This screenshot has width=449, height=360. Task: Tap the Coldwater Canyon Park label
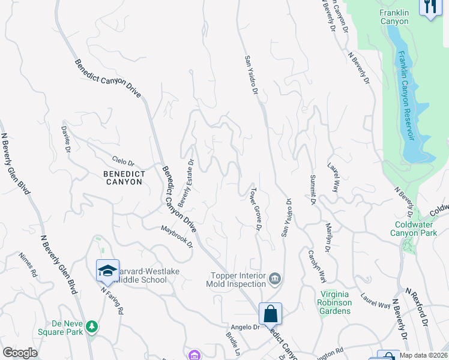click(412, 229)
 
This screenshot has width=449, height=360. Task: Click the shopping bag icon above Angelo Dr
click(270, 313)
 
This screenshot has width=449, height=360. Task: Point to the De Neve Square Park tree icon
click(92, 326)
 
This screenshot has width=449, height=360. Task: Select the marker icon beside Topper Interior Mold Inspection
click(276, 278)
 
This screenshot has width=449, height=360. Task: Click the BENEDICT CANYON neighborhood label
click(118, 178)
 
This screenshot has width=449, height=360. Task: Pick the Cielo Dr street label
click(124, 162)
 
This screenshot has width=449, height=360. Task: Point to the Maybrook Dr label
click(177, 237)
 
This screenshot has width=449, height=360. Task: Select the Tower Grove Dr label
click(255, 210)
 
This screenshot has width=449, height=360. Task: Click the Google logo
click(20, 353)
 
